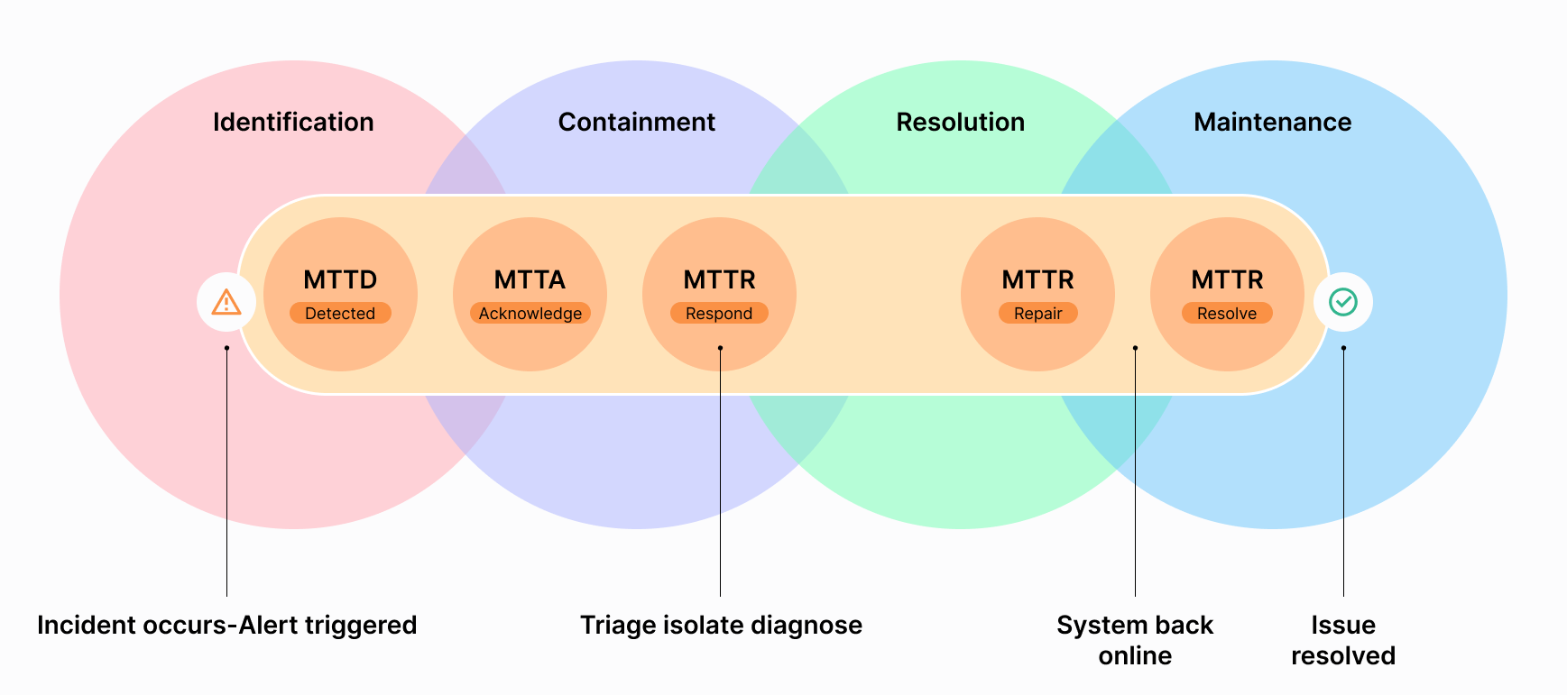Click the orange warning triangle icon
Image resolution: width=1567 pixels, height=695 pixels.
226,302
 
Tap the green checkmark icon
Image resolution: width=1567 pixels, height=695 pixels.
1343,302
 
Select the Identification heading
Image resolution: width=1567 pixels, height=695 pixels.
293,122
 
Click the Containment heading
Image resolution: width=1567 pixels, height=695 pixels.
637,122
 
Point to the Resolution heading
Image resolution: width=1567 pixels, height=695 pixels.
961,122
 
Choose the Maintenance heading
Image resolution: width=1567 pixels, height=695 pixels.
1273,122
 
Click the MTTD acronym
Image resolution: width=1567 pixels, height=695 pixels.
340,279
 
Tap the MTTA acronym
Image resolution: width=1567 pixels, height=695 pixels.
530,279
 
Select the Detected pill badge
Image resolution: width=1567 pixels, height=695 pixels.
340,313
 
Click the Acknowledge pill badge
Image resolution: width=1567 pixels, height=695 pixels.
530,313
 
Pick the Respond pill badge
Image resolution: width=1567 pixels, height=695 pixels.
719,313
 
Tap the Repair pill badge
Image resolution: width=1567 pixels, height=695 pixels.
1038,313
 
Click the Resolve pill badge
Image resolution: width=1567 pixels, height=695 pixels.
1227,313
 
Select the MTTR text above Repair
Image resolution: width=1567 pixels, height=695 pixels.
1038,279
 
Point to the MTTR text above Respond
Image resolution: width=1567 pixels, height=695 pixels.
719,279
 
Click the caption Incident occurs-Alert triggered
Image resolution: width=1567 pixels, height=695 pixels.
227,625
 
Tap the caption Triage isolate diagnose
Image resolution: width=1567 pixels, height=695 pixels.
721,625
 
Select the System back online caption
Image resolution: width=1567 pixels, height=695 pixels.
1135,640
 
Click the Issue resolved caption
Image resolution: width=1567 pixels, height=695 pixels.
1343,640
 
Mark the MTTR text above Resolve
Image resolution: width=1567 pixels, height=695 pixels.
1227,279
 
